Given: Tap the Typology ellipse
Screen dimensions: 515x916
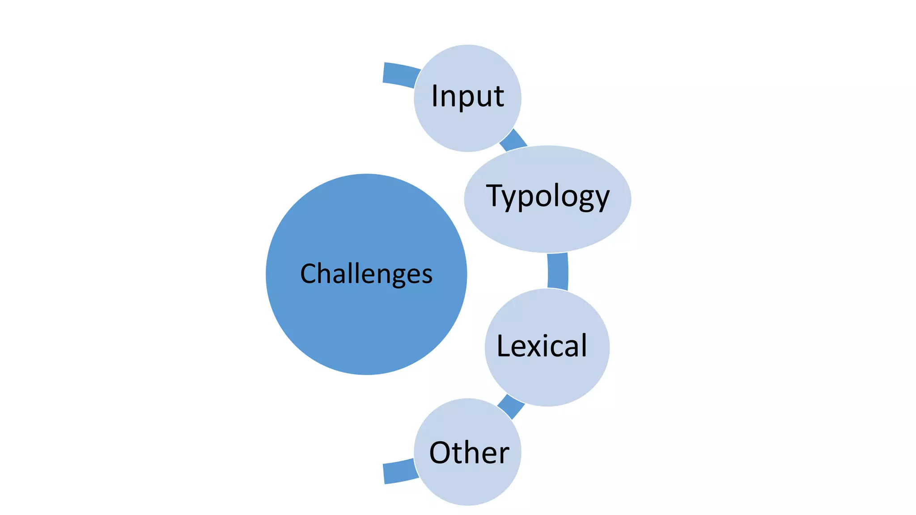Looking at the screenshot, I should point(547,228).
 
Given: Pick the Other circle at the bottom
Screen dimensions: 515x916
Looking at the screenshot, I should point(467,483).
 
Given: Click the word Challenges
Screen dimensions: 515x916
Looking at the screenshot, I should point(366,274).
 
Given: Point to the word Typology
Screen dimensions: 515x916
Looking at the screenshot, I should point(547,197).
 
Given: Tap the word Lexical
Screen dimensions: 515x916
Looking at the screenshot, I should point(542,346).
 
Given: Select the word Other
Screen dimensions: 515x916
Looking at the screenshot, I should point(469,452).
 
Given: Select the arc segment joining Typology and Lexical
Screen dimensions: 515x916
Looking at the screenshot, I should point(558,271).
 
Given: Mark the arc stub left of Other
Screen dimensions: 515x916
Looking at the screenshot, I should point(399,472).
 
